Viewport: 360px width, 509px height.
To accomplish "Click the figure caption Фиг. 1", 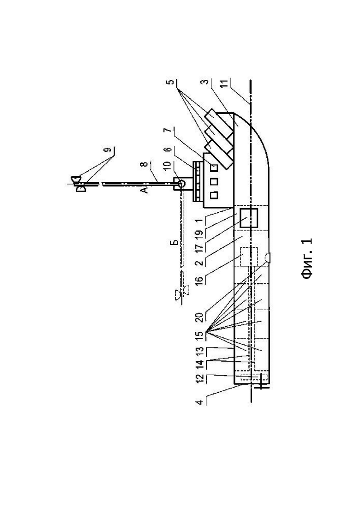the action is click(x=307, y=259).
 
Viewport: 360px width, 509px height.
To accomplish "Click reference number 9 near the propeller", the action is click(x=109, y=150).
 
